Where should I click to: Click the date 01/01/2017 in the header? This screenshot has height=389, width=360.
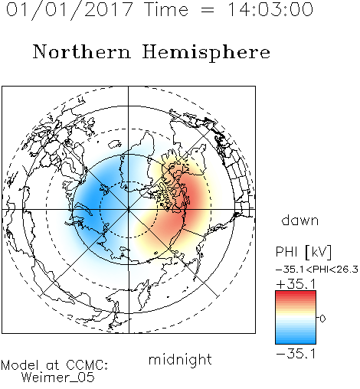(x=70, y=10)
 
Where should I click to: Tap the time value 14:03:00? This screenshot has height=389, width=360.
(x=270, y=9)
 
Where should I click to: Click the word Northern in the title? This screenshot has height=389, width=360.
(x=82, y=51)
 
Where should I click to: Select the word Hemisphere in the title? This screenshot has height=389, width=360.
(x=206, y=53)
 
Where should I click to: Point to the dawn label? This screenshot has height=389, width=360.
(x=300, y=220)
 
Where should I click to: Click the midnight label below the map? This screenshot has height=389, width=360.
(x=180, y=360)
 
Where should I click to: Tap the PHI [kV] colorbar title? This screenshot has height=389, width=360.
(x=303, y=252)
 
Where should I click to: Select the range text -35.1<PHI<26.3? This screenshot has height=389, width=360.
(x=317, y=270)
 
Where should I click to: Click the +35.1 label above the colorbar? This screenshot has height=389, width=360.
(x=296, y=284)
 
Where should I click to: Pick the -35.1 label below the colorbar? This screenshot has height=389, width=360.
(x=296, y=354)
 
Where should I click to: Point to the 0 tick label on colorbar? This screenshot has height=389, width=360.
(x=322, y=319)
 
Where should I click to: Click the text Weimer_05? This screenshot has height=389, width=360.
(x=58, y=378)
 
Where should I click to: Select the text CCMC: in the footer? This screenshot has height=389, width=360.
(x=87, y=365)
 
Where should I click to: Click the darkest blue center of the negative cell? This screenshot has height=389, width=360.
(x=94, y=201)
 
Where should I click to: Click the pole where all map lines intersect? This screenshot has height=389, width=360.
(x=129, y=209)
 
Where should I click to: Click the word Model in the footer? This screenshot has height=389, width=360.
(x=20, y=365)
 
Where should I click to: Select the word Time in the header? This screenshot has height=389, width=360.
(x=166, y=9)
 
